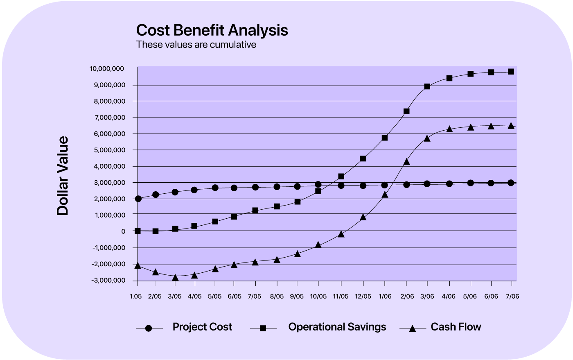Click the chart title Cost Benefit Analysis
(x=212, y=30)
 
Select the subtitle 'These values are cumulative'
(x=196, y=45)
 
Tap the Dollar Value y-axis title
(x=63, y=176)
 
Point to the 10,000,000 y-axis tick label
(x=107, y=69)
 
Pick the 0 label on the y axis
(x=123, y=231)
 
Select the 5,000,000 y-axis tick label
(x=108, y=150)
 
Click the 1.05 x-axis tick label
(x=135, y=297)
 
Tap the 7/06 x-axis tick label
(x=512, y=297)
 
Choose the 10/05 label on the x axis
(x=318, y=297)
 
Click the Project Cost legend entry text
(x=202, y=327)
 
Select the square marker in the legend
(x=263, y=328)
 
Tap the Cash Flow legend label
(x=456, y=327)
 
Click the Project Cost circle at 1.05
(x=138, y=199)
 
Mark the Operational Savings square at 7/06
(x=511, y=72)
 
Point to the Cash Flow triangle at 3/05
(x=175, y=278)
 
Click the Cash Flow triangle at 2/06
(x=406, y=162)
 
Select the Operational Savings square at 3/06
(x=427, y=86)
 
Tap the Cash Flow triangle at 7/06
(x=511, y=126)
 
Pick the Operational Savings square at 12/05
(x=363, y=158)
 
